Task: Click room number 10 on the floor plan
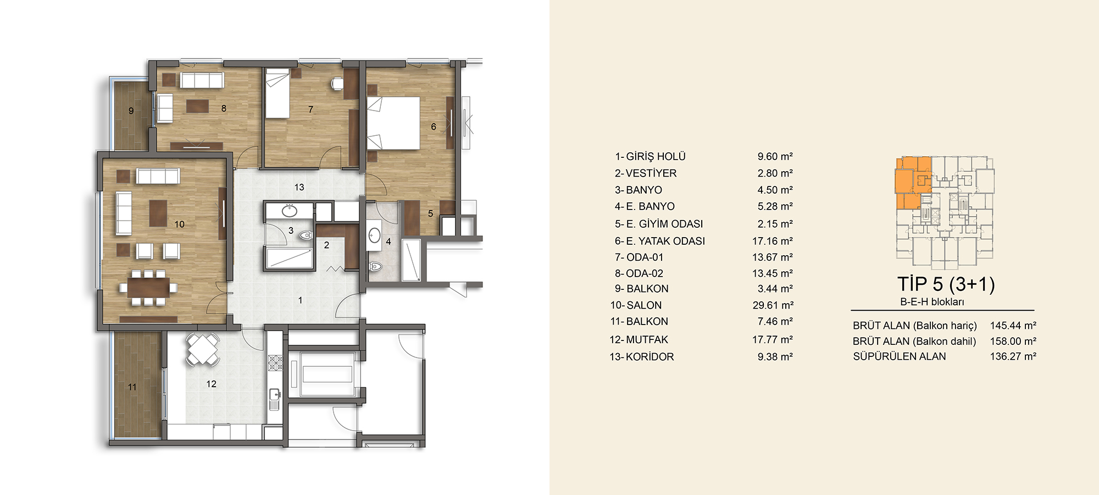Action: pyautogui.click(x=179, y=224)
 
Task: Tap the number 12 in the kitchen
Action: pyautogui.click(x=212, y=384)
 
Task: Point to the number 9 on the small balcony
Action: pyautogui.click(x=131, y=111)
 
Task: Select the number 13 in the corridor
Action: pyautogui.click(x=299, y=187)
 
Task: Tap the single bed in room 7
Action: pyautogui.click(x=277, y=93)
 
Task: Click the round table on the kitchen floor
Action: pyautogui.click(x=203, y=348)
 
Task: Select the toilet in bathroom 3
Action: pyautogui.click(x=306, y=235)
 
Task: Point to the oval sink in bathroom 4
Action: pyautogui.click(x=375, y=237)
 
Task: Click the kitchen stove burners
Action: pyautogui.click(x=275, y=362)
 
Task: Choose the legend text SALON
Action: pyautogui.click(x=644, y=305)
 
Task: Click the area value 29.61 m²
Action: pyautogui.click(x=773, y=305)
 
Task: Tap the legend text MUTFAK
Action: pyautogui.click(x=647, y=340)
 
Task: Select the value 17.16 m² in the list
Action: pyautogui.click(x=773, y=241)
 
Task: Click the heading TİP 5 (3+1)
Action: pyautogui.click(x=946, y=284)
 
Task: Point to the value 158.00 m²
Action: pyautogui.click(x=1013, y=341)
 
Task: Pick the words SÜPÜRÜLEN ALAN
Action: pyautogui.click(x=900, y=356)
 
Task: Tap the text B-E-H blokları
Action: pyautogui.click(x=932, y=302)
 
